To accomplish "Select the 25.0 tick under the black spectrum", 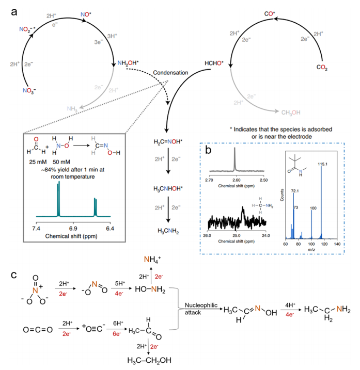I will pos(236,235).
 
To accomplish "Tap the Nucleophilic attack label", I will pos(197,308).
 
